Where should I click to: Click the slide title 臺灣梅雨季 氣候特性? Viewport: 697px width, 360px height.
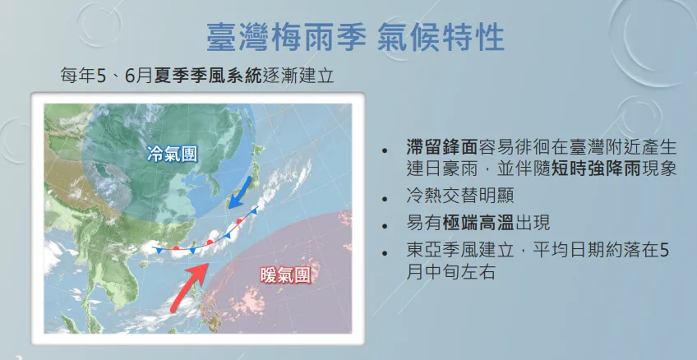pyautogui.click(x=356, y=37)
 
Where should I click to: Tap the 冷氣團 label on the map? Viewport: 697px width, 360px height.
pyautogui.click(x=172, y=155)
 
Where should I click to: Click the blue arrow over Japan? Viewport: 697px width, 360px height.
pyautogui.click(x=240, y=192)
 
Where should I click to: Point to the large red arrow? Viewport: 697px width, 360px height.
pyautogui.click(x=190, y=287)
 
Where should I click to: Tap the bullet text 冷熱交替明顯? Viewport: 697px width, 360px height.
pyautogui.click(x=460, y=196)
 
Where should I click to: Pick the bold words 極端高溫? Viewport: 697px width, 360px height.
pyautogui.click(x=478, y=223)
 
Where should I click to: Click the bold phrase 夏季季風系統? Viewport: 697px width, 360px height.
pyautogui.click(x=208, y=76)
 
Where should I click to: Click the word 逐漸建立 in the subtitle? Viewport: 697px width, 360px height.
pyautogui.click(x=298, y=76)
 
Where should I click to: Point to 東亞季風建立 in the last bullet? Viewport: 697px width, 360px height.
pyautogui.click(x=460, y=250)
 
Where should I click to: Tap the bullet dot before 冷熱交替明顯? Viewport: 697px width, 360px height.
pyautogui.click(x=385, y=198)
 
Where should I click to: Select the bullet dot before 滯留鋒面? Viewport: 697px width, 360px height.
pyautogui.click(x=385, y=150)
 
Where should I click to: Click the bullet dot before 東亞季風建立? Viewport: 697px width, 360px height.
pyautogui.click(x=385, y=252)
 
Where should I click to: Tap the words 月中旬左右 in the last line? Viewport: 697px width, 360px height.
pyautogui.click(x=450, y=271)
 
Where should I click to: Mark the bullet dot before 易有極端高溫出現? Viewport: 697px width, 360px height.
pyautogui.click(x=385, y=225)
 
